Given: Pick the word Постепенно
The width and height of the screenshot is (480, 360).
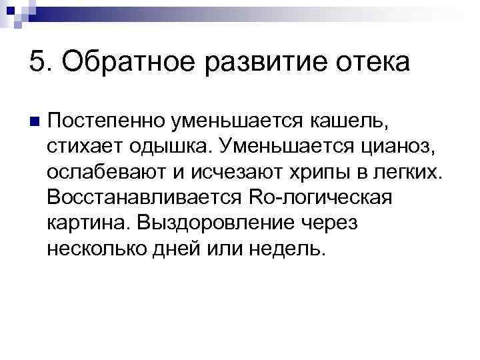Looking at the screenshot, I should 103,121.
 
